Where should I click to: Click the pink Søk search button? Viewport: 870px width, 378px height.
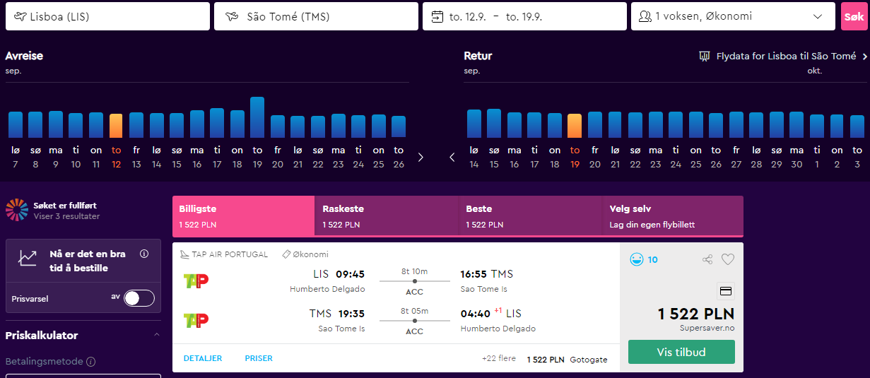pos(854,16)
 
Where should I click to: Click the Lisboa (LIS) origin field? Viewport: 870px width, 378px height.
pos(107,16)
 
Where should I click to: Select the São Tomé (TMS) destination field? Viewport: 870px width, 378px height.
pos(316,16)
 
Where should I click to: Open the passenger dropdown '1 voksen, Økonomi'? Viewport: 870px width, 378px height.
pos(733,16)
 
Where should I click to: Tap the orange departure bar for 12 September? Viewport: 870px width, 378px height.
pos(116,126)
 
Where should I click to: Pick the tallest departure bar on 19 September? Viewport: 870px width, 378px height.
pos(257,117)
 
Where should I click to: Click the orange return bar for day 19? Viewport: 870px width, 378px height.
pos(575,126)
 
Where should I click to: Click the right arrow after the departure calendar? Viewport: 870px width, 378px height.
pos(421,157)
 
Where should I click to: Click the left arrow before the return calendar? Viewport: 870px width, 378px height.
pos(452,157)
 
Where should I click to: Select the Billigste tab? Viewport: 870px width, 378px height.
pos(244,215)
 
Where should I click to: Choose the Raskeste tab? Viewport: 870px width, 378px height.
pos(387,215)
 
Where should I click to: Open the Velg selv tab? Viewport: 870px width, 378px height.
pos(673,215)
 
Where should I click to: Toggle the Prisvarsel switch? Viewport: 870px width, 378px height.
pos(139,298)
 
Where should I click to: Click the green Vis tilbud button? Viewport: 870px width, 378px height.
pos(681,352)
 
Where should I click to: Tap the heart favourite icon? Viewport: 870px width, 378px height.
pos(728,259)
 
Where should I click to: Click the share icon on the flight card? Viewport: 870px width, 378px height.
pos(707,259)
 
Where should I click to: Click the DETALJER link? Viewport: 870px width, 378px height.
pos(203,358)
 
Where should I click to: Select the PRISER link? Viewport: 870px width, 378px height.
pos(259,358)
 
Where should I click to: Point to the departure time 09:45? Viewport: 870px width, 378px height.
pos(350,274)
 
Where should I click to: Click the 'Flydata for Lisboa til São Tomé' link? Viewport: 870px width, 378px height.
pos(786,57)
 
